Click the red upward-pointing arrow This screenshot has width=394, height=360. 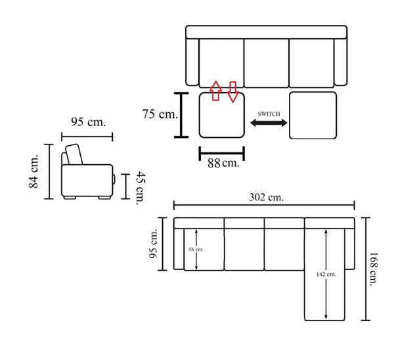(216, 91)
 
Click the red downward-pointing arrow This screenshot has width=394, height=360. (233, 92)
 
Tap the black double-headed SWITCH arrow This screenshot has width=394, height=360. (269, 123)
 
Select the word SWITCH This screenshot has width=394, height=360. (269, 114)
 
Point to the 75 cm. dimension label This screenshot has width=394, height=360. (160, 114)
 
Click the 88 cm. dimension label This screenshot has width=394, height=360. (223, 163)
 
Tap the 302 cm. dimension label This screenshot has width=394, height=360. (267, 197)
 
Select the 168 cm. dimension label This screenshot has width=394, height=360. (374, 269)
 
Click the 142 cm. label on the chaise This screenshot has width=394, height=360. (326, 275)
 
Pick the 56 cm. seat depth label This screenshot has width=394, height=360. (196, 250)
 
